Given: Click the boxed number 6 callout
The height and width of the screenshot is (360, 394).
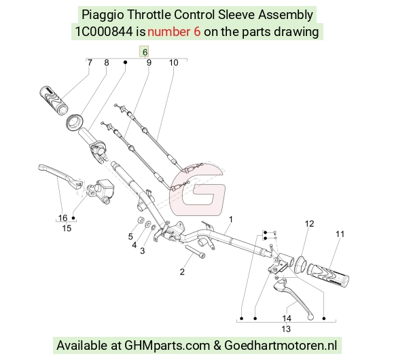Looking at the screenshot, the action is coord(145,52).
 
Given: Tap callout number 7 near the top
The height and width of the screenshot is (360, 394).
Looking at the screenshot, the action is coord(90,62).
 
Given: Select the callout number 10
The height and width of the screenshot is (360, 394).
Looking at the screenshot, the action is coord(173,62).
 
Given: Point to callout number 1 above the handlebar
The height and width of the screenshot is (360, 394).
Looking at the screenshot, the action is coord(231,219).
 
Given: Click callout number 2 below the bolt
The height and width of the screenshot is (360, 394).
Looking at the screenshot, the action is coord(182,272).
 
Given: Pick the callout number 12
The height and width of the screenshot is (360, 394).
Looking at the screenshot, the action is coord(309,223).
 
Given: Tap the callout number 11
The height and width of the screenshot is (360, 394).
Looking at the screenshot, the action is coord(340,234).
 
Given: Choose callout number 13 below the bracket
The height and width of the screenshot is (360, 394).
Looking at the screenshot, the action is coord(286,329).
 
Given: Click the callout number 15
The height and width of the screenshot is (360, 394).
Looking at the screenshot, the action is coord(67,228).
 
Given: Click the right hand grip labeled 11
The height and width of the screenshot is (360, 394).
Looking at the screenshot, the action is coord(328,275).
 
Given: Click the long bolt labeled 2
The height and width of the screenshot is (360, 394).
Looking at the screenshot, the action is coord(195,251).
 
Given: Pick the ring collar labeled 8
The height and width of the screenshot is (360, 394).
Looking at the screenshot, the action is coord(75,122).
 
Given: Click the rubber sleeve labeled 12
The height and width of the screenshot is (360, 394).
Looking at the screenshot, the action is coord(300,264).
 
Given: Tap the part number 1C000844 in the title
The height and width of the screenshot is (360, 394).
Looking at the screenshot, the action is coord(104,32).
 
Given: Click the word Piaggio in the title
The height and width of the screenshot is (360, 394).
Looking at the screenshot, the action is coord(103,15).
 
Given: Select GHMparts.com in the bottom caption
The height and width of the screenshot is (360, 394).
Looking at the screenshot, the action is coord(167,345).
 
